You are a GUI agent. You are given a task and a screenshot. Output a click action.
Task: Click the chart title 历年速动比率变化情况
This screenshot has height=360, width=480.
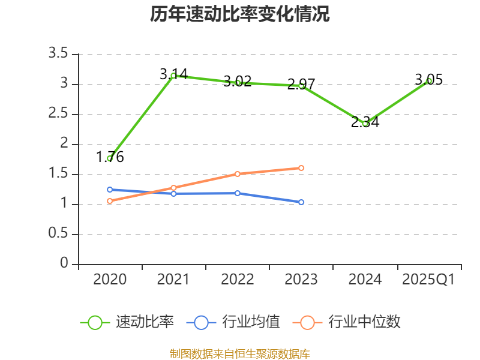click(240, 14)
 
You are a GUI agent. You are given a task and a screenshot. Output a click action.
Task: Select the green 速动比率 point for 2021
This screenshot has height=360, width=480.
click(173, 76)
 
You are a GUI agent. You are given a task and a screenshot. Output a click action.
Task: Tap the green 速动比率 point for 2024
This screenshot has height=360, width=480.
click(365, 124)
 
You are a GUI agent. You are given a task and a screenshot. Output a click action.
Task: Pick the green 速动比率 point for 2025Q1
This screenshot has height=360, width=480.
click(429, 80)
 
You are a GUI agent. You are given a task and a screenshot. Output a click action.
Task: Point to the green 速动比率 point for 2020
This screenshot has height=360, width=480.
click(110, 158)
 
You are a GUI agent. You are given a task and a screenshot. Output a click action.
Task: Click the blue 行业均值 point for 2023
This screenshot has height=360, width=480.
click(301, 202)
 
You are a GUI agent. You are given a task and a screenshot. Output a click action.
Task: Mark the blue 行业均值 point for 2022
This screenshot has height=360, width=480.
click(238, 193)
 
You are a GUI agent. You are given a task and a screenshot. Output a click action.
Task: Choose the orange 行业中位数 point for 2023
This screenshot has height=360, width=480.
click(301, 168)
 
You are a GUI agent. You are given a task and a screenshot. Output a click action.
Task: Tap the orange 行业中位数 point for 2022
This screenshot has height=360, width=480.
click(238, 174)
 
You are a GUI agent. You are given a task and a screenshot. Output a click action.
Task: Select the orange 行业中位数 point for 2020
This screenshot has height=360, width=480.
click(110, 201)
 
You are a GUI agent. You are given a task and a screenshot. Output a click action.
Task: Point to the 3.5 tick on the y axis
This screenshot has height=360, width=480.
click(59, 54)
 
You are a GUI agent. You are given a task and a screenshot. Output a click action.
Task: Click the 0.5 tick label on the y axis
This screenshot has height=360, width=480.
click(59, 234)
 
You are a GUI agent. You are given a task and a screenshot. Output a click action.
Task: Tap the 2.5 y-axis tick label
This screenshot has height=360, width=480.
click(59, 114)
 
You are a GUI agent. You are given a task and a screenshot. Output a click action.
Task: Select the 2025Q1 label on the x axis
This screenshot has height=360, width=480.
click(428, 280)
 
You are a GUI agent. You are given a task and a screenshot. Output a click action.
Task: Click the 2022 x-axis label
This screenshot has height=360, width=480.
click(238, 280)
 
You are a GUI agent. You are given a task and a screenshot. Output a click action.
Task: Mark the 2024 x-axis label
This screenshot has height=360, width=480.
click(365, 280)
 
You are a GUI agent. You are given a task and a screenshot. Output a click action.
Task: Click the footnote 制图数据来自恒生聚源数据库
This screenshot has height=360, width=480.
click(240, 353)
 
